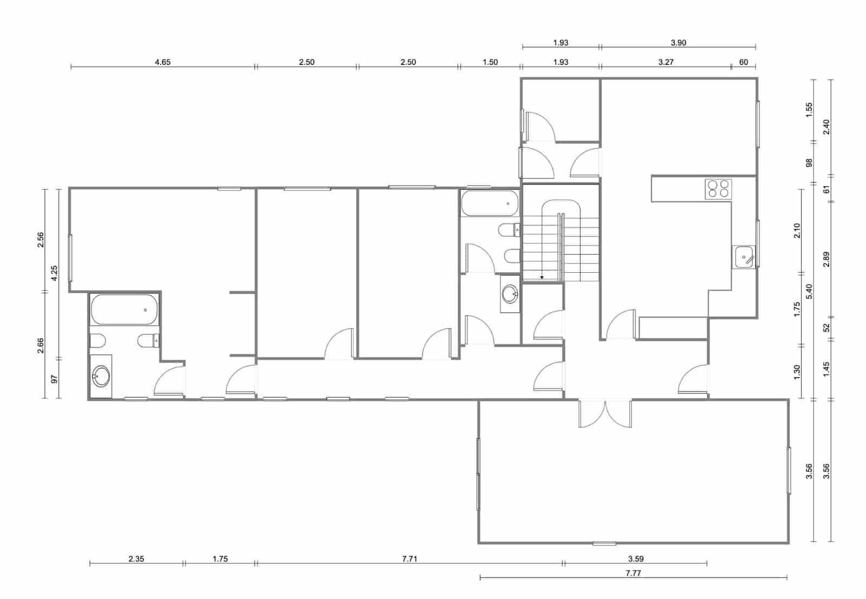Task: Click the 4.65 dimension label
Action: [162, 62]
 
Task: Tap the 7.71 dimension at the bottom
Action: [410, 559]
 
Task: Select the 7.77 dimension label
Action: [633, 573]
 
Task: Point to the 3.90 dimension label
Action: [678, 43]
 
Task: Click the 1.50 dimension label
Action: [490, 62]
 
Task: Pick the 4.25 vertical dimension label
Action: [54, 273]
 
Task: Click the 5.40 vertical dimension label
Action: [810, 292]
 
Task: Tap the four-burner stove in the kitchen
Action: [718, 189]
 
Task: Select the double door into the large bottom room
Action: [605, 414]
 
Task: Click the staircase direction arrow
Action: [542, 277]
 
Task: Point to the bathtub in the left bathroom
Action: [124, 310]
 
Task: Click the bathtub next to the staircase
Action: [489, 203]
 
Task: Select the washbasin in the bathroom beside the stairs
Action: [509, 294]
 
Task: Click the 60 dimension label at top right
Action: [743, 62]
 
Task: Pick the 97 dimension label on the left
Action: [54, 378]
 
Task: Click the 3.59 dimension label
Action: [636, 559]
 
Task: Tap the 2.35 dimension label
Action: [136, 559]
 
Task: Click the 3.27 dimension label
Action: [666, 62]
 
